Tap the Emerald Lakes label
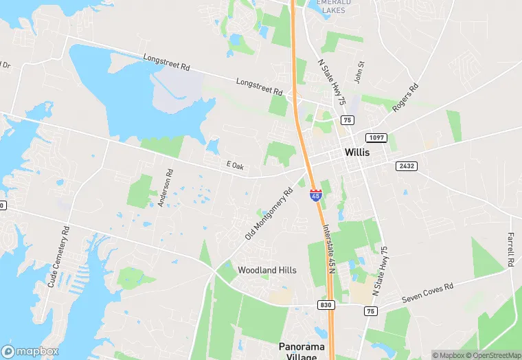pos(333,6)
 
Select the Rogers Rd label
pos(405,98)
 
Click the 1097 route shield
pos(375,138)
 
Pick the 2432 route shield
pos(406,166)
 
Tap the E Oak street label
pos(234,166)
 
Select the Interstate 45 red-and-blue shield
pos(315,195)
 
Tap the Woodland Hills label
pos(267,270)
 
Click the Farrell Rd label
pos(511,240)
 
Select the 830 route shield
pos(326,304)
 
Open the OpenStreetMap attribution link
pos(493,355)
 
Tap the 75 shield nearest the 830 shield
pos(371,311)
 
